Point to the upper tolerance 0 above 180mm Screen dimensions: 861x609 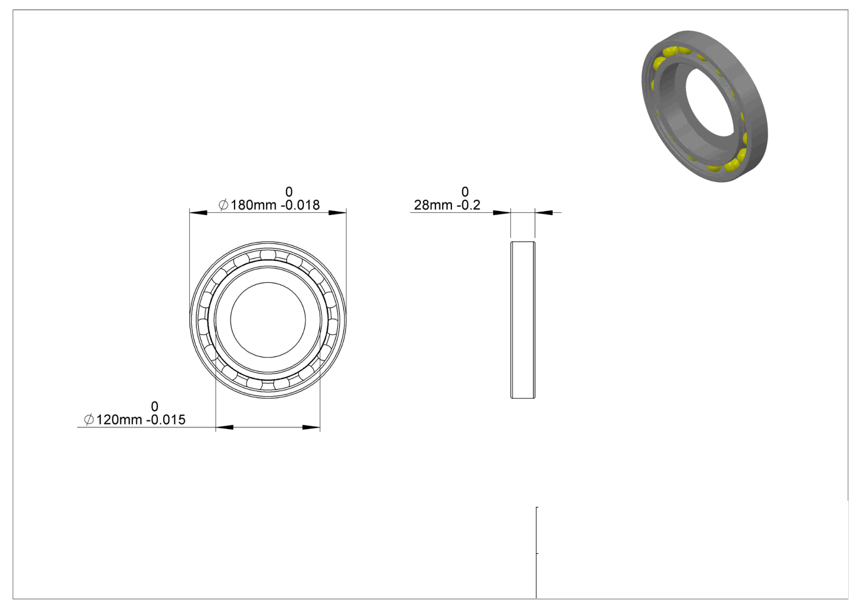[289, 191]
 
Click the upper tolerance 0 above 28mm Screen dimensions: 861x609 [465, 191]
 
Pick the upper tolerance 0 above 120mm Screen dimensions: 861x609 [154, 406]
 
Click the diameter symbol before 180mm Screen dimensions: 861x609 [223, 205]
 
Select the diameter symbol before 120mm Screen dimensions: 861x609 [89, 419]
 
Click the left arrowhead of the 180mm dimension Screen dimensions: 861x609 [198, 213]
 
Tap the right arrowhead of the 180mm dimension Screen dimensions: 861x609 [337, 213]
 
